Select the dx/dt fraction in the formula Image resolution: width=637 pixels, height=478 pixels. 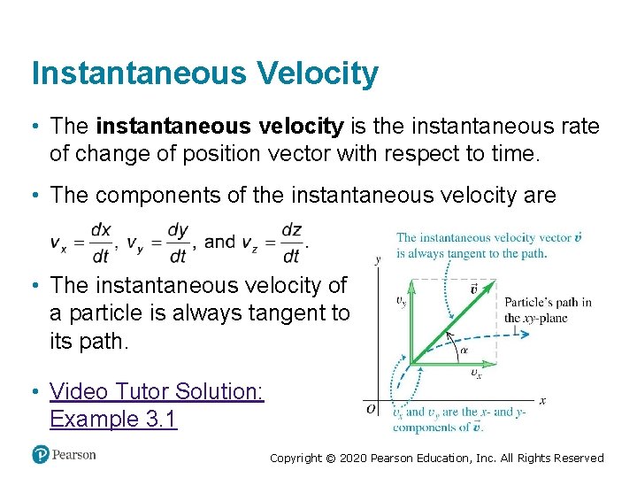click(x=101, y=243)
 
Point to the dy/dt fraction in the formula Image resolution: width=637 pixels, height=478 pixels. click(x=178, y=243)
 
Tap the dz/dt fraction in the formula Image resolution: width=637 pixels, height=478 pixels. click(x=291, y=243)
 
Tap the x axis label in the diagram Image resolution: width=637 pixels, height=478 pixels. click(x=541, y=401)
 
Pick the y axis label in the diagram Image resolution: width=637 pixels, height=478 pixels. click(x=379, y=260)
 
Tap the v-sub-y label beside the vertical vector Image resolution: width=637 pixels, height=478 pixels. click(x=400, y=300)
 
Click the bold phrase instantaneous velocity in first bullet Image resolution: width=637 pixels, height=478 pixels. click(x=219, y=127)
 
